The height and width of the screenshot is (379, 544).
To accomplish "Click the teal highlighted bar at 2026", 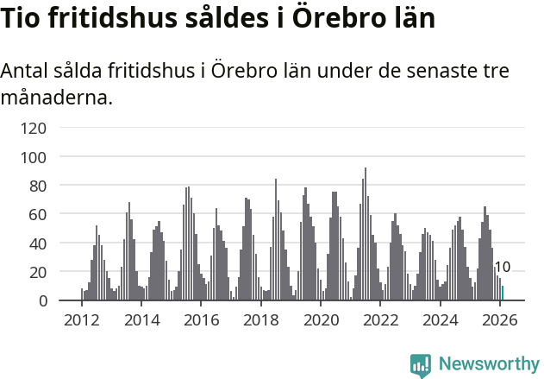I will pyautogui.click(x=503, y=294).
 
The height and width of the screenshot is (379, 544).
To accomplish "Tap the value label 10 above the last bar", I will pyautogui.click(x=503, y=268).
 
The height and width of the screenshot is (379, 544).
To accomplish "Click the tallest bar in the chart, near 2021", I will pyautogui.click(x=366, y=234).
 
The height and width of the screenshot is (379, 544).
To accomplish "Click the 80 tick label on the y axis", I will pyautogui.click(x=39, y=186).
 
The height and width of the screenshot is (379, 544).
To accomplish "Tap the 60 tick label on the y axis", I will pyautogui.click(x=39, y=214).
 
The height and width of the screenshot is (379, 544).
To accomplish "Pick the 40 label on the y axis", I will pyautogui.click(x=39, y=243).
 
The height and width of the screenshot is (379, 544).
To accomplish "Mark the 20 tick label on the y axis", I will pyautogui.click(x=39, y=272).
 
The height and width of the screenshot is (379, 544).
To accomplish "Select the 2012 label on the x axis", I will pyautogui.click(x=82, y=320).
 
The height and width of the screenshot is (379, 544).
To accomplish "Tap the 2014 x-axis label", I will pyautogui.click(x=141, y=320).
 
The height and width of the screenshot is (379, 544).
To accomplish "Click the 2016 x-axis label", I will pyautogui.click(x=201, y=320).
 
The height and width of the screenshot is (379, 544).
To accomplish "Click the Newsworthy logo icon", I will pyautogui.click(x=420, y=365).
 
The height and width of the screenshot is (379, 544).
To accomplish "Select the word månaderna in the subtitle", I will pyautogui.click(x=57, y=98).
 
